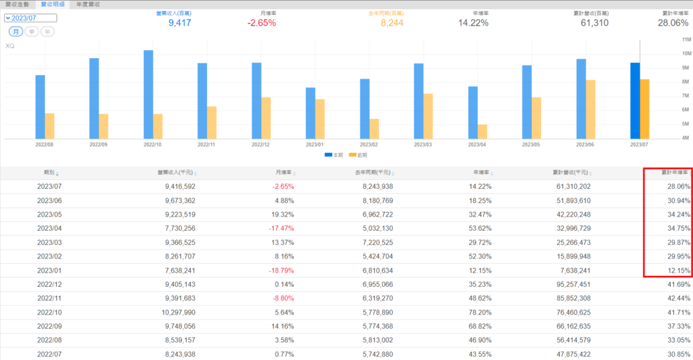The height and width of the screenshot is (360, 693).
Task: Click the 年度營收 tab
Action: click(x=88, y=4)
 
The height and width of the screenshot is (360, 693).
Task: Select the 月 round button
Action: click(x=15, y=32)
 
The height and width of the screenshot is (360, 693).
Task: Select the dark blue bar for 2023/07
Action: click(x=635, y=101)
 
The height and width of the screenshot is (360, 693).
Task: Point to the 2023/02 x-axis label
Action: click(x=369, y=144)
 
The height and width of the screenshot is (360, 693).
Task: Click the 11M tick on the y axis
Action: click(x=686, y=39)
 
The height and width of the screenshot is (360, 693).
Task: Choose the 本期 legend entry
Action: click(x=332, y=155)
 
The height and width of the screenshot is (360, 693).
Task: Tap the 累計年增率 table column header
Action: click(x=674, y=173)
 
